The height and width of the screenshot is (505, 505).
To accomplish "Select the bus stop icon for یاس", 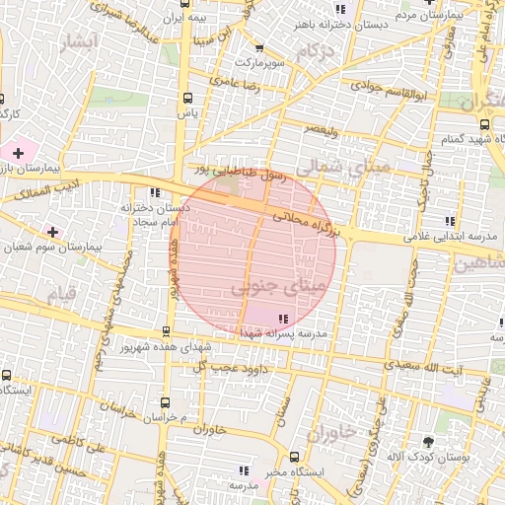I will click(188, 98).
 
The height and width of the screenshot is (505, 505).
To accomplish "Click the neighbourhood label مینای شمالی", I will click(345, 170).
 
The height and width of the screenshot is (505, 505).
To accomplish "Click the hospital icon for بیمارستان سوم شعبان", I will click(52, 231).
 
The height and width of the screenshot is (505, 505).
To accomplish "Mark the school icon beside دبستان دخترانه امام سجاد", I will click(155, 192).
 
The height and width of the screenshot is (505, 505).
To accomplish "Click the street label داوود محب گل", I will click(223, 366).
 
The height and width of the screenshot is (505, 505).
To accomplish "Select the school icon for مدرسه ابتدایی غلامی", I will click(450, 220).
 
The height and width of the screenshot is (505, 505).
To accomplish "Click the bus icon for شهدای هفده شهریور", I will click(166, 331).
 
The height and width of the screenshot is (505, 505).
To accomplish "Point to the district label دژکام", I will click(314, 50).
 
